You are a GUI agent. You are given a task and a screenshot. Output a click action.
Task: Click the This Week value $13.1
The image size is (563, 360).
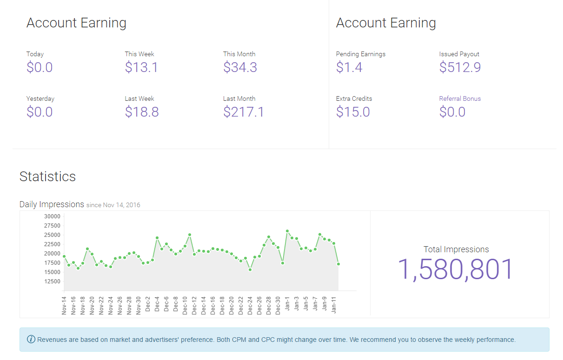point(141,67)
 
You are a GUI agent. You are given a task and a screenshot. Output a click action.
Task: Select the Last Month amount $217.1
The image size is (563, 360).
point(244,112)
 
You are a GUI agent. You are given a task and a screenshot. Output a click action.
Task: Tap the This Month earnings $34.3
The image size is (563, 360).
point(240,67)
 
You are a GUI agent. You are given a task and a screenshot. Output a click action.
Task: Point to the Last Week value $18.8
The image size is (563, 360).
point(142,112)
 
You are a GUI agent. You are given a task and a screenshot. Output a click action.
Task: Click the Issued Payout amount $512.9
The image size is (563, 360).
point(460,67)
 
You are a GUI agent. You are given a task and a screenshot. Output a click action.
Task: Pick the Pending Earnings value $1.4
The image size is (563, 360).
point(349,67)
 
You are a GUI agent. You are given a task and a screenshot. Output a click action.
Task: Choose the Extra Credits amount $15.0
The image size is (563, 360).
point(353,112)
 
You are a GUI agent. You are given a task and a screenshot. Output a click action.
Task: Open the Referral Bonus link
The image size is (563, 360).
point(460,98)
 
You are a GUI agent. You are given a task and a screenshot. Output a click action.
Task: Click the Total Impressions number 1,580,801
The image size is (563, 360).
point(456,269)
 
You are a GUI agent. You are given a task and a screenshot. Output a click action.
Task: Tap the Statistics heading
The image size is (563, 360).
point(47,177)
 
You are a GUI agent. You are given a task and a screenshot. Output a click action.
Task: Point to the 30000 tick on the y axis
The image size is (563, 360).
point(52,216)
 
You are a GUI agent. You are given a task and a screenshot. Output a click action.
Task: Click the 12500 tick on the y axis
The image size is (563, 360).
point(52,281)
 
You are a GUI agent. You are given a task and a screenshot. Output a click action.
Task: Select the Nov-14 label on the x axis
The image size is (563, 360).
point(64,305)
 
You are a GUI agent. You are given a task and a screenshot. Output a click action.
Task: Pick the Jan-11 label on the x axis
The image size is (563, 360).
point(334,305)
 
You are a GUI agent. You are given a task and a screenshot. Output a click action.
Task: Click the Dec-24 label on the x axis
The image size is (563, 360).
point(250,305)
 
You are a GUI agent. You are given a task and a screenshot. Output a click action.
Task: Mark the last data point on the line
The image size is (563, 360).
point(338,264)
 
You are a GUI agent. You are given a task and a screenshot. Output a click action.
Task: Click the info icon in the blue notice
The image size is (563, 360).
point(31,340)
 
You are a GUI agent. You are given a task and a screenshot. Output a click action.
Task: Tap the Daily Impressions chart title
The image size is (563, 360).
point(52,204)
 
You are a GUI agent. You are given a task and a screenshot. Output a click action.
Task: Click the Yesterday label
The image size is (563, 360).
point(40,98)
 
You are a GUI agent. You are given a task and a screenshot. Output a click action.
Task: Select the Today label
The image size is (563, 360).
point(35,54)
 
